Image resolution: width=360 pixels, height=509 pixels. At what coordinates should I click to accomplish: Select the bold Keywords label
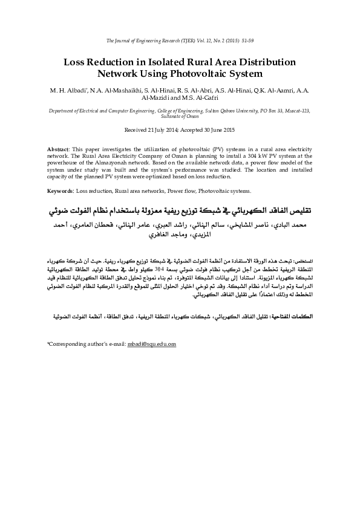tap(61, 190)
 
